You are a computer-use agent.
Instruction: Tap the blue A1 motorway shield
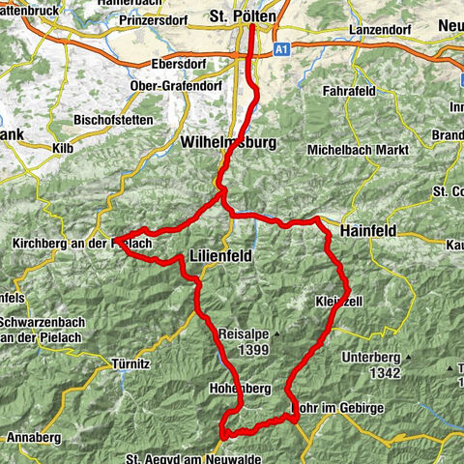tap(280, 46)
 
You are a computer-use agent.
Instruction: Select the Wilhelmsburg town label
tap(228, 142)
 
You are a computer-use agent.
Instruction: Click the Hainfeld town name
tap(372, 232)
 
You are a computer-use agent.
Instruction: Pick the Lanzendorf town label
tap(380, 31)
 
